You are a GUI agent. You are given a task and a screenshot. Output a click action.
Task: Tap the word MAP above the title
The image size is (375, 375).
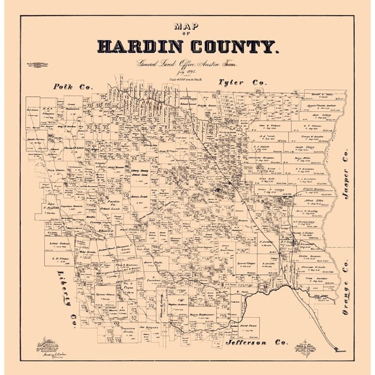pos(187,26)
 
